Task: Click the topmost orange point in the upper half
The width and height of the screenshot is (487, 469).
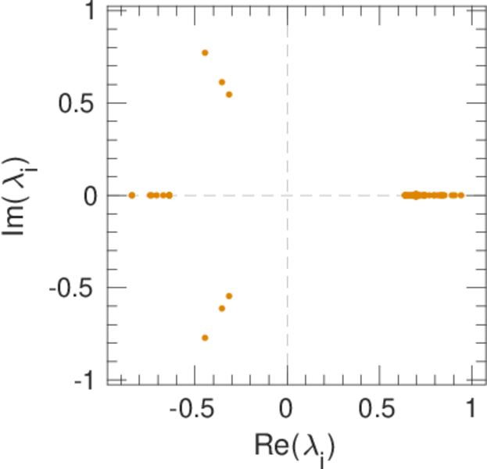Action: (205, 52)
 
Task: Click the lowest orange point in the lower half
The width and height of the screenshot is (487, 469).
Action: (205, 338)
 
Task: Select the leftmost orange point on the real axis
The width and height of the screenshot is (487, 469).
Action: (131, 195)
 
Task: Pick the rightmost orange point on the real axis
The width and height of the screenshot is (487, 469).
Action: (461, 195)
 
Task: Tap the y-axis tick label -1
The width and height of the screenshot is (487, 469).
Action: (85, 381)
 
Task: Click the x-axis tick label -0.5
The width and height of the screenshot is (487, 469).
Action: (192, 410)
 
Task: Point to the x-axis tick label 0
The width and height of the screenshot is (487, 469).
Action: (287, 410)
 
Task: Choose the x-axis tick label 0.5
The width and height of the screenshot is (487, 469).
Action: (379, 410)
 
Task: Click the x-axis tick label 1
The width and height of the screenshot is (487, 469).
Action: (471, 410)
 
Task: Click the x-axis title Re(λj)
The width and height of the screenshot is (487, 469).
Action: (295, 446)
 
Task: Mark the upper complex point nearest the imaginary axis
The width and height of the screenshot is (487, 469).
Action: (229, 95)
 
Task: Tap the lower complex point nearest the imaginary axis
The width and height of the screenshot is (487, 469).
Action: (229, 295)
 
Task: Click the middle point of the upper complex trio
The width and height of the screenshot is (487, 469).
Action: (221, 82)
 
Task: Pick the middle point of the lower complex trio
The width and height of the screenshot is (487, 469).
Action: (221, 308)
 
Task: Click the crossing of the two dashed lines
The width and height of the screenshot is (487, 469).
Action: (287, 195)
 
